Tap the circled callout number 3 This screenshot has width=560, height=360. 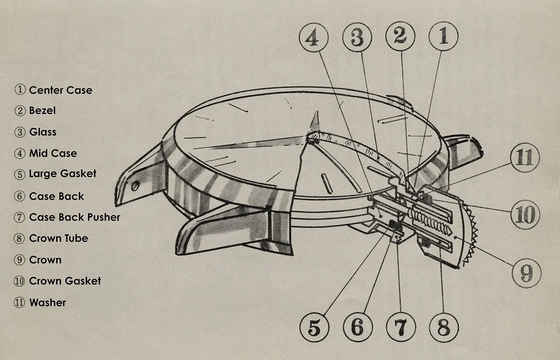point(357,37)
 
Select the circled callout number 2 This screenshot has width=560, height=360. point(401,37)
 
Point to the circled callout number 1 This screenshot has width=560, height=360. point(443,36)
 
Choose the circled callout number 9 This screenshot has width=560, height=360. point(526,273)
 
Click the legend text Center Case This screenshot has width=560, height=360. point(60,90)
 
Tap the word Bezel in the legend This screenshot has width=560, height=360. point(42,111)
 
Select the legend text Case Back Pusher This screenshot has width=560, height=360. point(75,217)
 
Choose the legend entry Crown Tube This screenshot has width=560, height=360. point(58,238)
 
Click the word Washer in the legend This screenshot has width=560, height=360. point(47,303)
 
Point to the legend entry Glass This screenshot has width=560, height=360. point(42,132)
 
